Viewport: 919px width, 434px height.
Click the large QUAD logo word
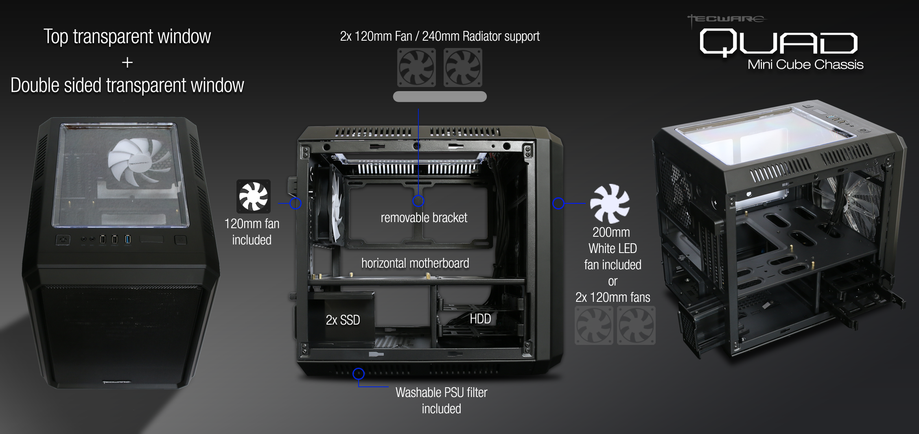778,43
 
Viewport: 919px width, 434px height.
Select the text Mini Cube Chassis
805,65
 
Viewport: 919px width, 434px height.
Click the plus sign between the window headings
127,62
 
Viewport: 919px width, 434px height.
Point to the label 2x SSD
343,320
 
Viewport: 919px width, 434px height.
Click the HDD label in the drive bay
480,319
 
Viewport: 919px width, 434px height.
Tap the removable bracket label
424,218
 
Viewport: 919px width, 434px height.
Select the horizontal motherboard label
415,263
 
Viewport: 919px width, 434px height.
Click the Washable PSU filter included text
441,400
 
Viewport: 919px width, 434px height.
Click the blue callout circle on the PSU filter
359,373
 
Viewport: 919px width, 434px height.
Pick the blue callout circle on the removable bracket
418,201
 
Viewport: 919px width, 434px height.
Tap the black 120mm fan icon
253,196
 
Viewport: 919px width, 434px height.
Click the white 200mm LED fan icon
610,203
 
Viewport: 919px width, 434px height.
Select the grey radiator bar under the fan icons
440,96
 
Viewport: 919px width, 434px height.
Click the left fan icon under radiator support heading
416,68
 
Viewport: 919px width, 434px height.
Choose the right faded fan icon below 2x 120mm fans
636,325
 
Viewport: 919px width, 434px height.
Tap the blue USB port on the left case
127,239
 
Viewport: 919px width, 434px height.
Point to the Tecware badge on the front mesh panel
117,382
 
